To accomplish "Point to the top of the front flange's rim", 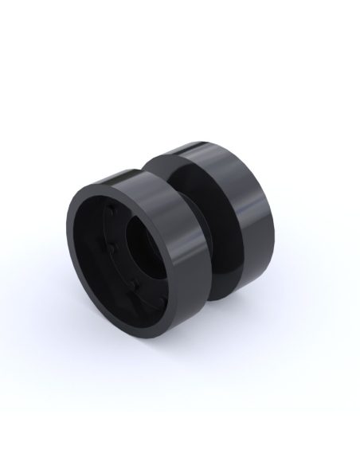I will [x=119, y=177].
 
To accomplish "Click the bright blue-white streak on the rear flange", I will [x=253, y=204].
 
